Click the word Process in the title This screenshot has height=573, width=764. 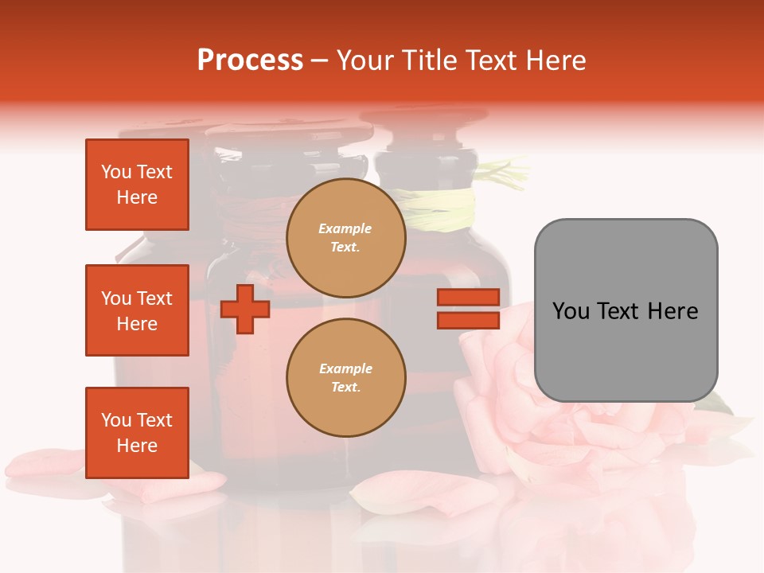(x=250, y=60)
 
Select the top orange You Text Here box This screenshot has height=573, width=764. (x=137, y=185)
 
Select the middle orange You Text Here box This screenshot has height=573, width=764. (x=137, y=310)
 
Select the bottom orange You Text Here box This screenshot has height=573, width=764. (x=137, y=432)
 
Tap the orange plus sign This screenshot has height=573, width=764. (x=244, y=309)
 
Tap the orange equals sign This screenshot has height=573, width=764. (x=468, y=309)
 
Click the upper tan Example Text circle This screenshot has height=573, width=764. (x=345, y=237)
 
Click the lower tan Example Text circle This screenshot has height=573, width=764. (x=345, y=377)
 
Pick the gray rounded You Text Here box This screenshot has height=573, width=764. (x=626, y=310)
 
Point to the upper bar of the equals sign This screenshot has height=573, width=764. (x=468, y=298)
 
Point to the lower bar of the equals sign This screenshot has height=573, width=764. (x=468, y=320)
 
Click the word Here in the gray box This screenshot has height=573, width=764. (x=672, y=311)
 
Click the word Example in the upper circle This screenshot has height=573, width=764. (x=345, y=228)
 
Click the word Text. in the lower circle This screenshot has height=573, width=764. (x=345, y=387)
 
